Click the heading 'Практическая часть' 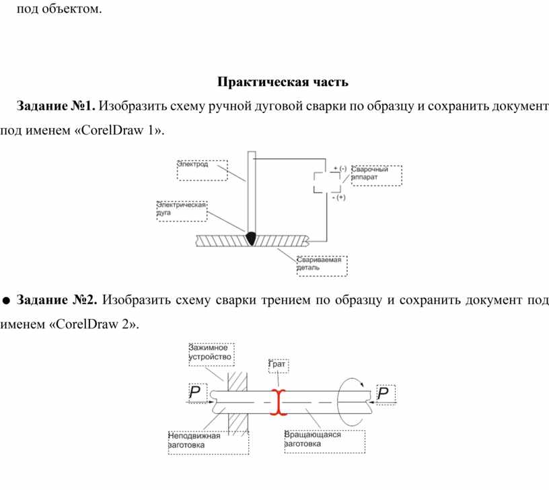(x=283, y=81)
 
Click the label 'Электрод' (x=192, y=164)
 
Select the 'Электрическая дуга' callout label (x=181, y=209)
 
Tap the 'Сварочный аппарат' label (x=369, y=173)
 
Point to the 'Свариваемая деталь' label (x=319, y=263)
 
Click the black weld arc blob (x=251, y=238)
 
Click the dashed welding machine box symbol (x=327, y=182)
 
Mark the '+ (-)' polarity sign (x=340, y=168)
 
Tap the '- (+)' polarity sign (x=338, y=197)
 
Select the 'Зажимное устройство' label (x=210, y=352)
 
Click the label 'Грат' (x=277, y=364)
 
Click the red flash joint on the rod (x=279, y=403)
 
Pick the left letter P (x=194, y=392)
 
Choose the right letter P (x=383, y=393)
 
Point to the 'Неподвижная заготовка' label (x=194, y=440)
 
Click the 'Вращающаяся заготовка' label (x=312, y=439)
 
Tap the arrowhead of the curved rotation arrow (x=362, y=384)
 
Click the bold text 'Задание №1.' (x=56, y=106)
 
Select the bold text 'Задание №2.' (x=57, y=300)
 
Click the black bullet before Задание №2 (x=6, y=300)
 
